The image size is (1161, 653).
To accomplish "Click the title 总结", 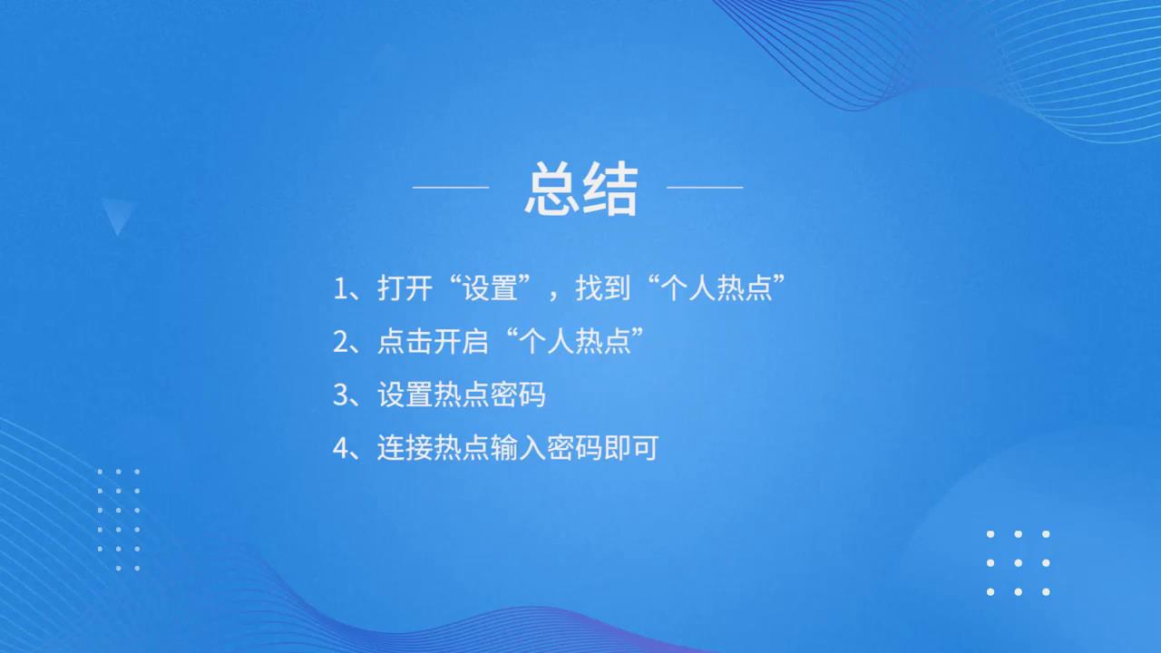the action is click(581, 189).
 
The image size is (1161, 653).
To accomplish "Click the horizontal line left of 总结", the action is click(451, 187).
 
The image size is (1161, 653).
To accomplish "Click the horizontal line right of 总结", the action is click(705, 187).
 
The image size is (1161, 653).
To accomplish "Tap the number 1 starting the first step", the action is click(340, 288).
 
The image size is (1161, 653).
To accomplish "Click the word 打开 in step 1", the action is click(405, 288).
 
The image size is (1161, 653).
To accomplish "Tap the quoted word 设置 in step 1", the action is click(490, 288).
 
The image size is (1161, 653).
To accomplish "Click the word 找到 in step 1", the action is click(603, 288).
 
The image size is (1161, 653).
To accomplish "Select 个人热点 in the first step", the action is click(717, 288).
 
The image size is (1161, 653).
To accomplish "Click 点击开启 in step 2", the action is click(433, 342).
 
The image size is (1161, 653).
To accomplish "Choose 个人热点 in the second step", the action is click(575, 342).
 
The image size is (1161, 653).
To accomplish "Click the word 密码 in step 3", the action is click(517, 395).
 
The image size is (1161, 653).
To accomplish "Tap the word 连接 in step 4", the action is click(405, 448).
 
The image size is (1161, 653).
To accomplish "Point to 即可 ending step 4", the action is click(630, 448).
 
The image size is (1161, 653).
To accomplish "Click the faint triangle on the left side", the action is click(118, 213).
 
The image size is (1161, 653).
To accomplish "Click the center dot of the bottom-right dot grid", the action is click(1018, 563).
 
